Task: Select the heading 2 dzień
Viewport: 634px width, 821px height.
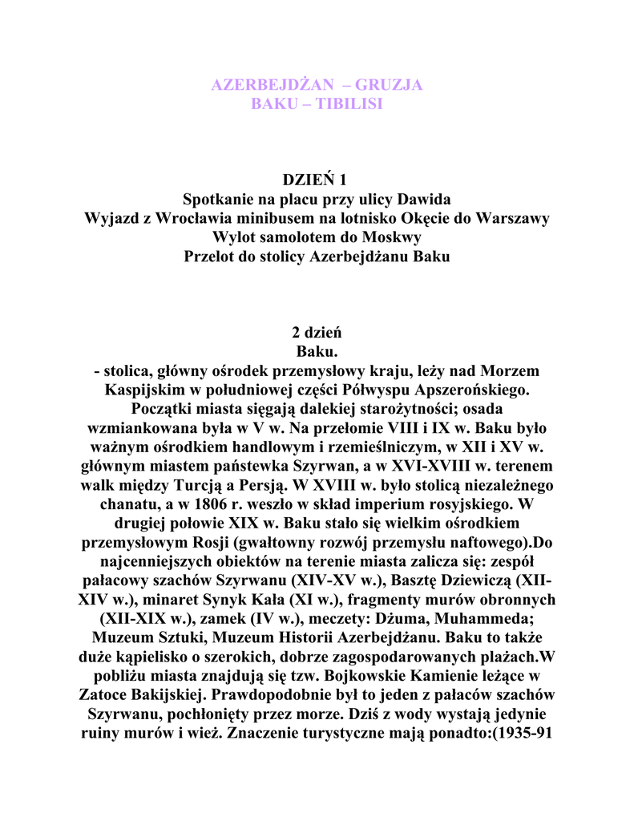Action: pos(317,333)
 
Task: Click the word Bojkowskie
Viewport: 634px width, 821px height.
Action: pos(382,677)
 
